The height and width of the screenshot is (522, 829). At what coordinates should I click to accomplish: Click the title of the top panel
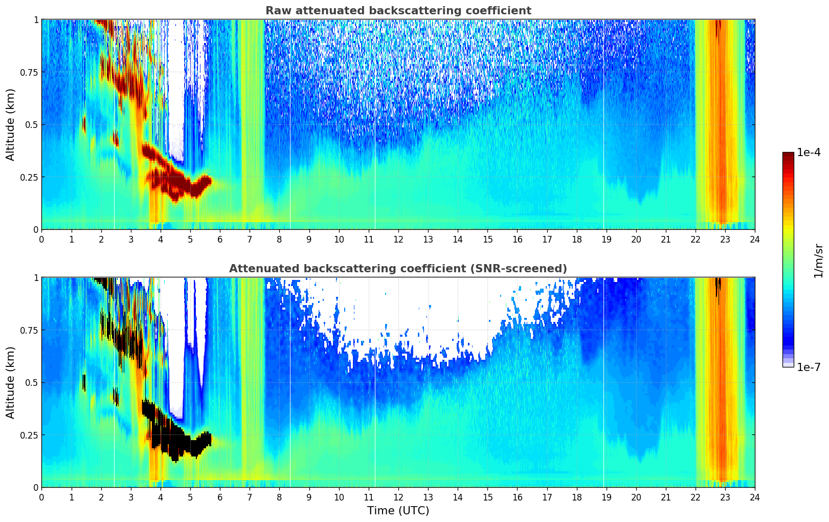pyautogui.click(x=398, y=11)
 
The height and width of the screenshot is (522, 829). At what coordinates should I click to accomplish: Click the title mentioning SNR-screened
pyautogui.click(x=398, y=269)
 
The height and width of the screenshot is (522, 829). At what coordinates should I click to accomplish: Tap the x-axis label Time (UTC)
pyautogui.click(x=398, y=511)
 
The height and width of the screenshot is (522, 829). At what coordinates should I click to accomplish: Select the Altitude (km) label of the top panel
pyautogui.click(x=11, y=124)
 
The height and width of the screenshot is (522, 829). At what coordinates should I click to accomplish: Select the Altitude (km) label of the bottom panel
pyautogui.click(x=11, y=382)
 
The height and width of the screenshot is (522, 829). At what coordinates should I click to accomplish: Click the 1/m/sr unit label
pyautogui.click(x=818, y=261)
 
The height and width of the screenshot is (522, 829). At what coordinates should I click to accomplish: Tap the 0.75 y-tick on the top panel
pyautogui.click(x=29, y=72)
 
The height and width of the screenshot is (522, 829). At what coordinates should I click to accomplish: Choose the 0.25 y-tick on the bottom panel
pyautogui.click(x=29, y=435)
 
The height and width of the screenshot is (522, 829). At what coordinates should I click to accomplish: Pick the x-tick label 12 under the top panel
pyautogui.click(x=398, y=239)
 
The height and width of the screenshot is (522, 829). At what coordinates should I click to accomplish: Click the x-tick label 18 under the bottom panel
pyautogui.click(x=577, y=497)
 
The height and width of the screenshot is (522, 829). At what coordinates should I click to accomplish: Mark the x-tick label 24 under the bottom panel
pyautogui.click(x=755, y=497)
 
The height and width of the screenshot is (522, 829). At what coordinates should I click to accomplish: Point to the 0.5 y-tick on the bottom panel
pyautogui.click(x=32, y=382)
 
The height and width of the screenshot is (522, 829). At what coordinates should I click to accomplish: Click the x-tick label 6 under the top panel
pyautogui.click(x=220, y=239)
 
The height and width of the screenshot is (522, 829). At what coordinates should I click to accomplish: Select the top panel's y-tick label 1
pyautogui.click(x=36, y=19)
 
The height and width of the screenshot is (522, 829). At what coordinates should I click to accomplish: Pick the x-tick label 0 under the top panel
pyautogui.click(x=41, y=239)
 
